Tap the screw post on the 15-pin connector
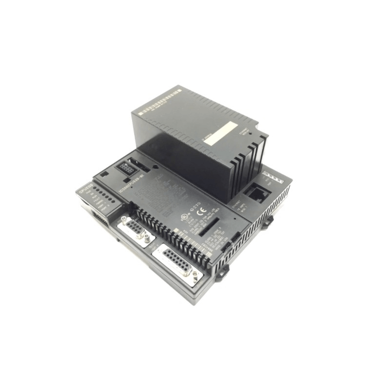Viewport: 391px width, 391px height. coord(195,276)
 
